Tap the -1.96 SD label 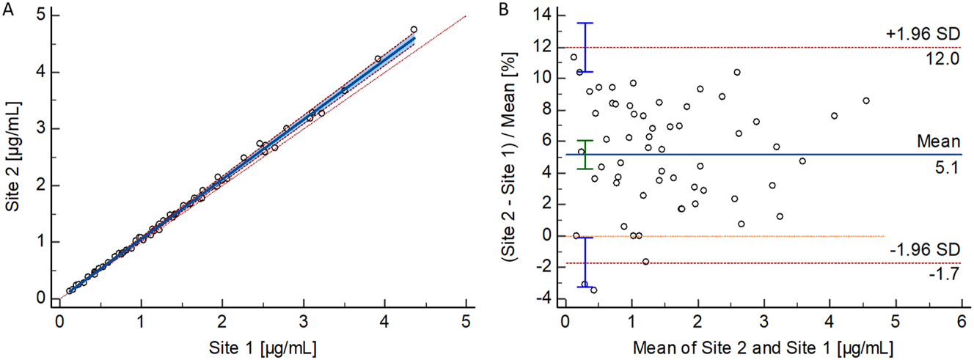click(x=930, y=249)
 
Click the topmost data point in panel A click(x=414, y=29)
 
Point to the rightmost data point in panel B click(x=866, y=100)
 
